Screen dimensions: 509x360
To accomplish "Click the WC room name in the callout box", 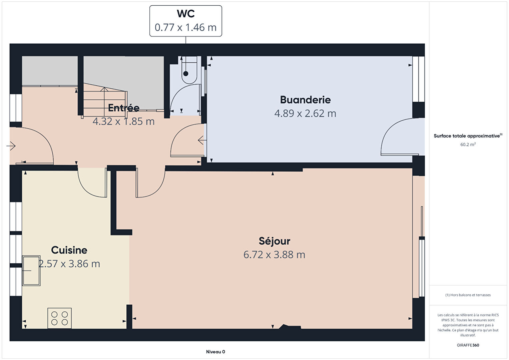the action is point(186,14).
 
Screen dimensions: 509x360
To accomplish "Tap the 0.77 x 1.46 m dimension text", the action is point(186,27).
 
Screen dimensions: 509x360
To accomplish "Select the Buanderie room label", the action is point(305,100).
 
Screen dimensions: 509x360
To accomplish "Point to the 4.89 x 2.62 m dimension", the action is point(305,113).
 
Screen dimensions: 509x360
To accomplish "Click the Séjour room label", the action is point(274,241).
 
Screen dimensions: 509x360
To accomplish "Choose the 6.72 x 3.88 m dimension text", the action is point(274,255).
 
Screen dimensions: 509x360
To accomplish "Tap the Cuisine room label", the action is point(69,250).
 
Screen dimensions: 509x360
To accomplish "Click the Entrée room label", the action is point(124,108).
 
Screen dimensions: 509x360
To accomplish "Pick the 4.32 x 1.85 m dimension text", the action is point(124,121).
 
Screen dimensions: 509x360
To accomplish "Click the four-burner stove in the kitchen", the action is point(59,318).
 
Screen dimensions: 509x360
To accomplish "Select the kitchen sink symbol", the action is point(31,271).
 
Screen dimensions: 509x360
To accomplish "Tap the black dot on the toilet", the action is point(186,74).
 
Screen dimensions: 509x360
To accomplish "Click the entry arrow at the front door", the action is point(11,146).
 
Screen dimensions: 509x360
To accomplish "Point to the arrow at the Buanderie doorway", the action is point(202,140).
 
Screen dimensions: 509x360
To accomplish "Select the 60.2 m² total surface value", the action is point(468,144).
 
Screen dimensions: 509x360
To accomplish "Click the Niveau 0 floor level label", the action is point(215,352).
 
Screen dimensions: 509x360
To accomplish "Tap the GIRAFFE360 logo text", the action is point(468,345).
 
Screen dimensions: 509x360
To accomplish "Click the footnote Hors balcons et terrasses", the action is point(468,295).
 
